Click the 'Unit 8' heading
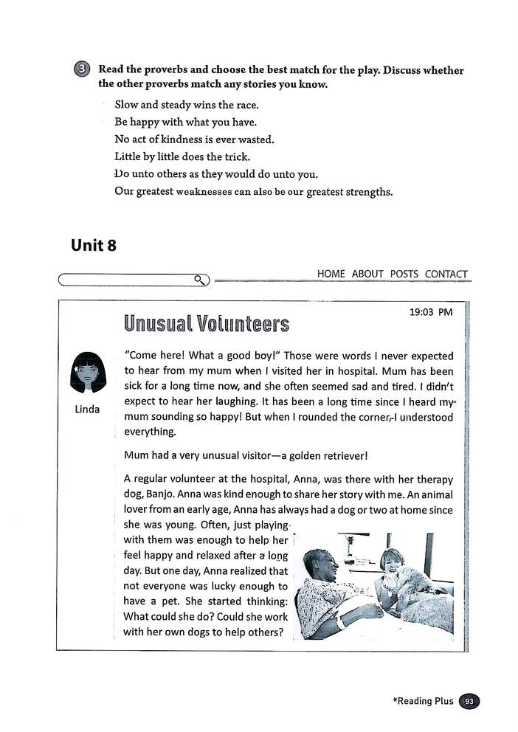[x=93, y=246]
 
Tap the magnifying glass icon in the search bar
[x=199, y=279]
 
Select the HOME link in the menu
[x=331, y=274]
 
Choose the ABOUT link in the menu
[x=367, y=274]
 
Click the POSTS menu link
[x=404, y=274]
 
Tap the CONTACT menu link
[x=446, y=274]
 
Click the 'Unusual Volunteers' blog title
[x=206, y=324]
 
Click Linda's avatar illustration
[x=89, y=374]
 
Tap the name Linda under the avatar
[x=88, y=410]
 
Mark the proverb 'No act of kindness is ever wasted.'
[x=194, y=139]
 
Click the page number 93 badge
[x=469, y=701]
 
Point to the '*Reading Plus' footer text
[x=423, y=701]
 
